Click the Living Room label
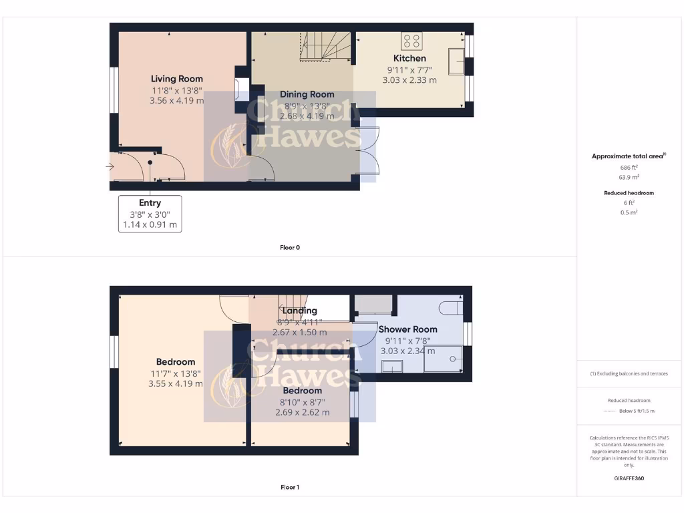176,79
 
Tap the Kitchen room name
409,58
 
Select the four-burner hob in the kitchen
411,41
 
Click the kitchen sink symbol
458,61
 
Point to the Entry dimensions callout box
150,214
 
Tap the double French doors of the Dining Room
368,151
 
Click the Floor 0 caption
290,248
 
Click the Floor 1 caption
290,488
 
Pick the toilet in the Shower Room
451,308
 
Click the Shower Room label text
407,329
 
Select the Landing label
299,311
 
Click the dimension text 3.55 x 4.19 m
176,384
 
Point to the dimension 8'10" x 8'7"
302,402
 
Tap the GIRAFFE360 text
628,478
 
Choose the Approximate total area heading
628,156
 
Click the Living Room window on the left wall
114,90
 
